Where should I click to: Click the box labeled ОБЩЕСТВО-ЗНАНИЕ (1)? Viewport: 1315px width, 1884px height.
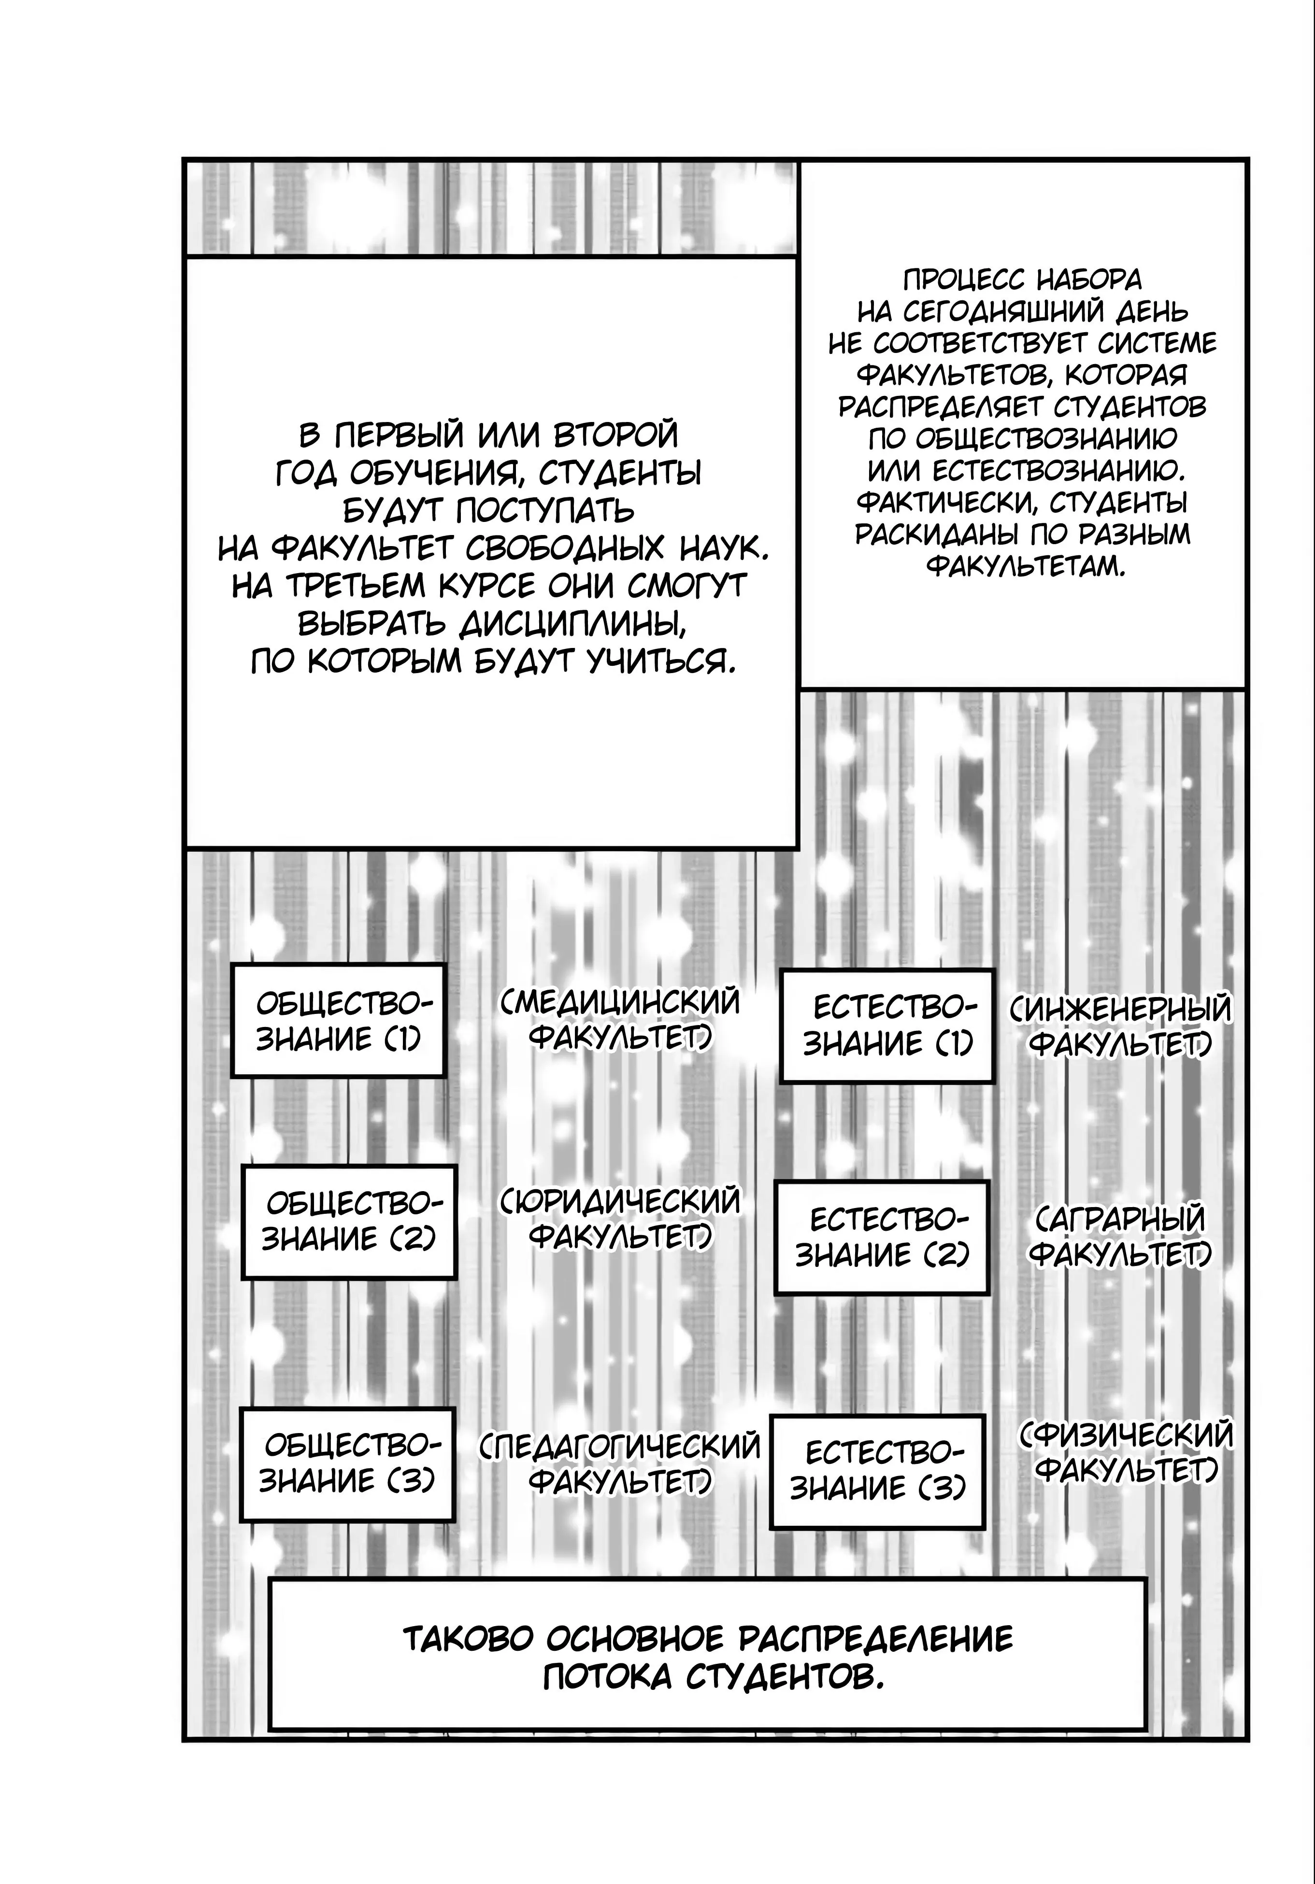coord(337,1020)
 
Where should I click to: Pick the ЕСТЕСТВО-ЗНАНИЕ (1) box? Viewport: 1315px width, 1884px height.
coord(886,1026)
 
